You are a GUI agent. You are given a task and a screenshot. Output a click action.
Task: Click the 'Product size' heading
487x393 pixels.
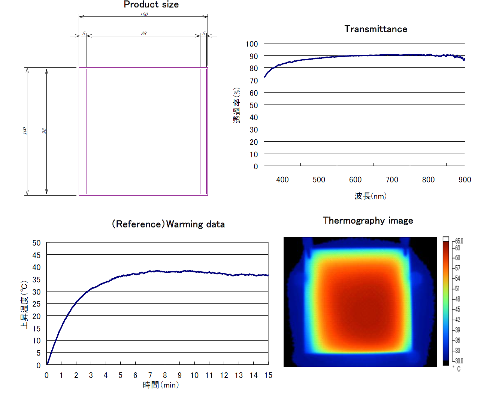(x=151, y=5)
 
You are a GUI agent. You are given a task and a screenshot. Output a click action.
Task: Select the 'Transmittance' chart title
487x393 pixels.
(x=375, y=29)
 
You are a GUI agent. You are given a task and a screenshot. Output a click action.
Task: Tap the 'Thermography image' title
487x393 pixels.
(x=368, y=221)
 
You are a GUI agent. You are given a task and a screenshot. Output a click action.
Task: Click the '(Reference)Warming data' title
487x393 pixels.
(x=168, y=224)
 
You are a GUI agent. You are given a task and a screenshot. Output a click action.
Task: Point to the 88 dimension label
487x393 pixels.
(x=144, y=34)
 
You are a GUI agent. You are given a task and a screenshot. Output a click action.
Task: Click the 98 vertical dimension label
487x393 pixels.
(x=44, y=131)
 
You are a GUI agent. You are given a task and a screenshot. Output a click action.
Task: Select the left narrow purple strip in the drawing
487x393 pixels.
(x=83, y=131)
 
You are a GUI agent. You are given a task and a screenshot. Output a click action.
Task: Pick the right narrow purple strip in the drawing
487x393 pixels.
(x=203, y=131)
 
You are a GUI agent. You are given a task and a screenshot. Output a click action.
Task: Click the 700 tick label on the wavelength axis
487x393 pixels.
(x=392, y=180)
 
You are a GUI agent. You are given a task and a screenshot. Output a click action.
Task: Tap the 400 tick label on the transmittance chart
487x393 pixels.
(x=282, y=180)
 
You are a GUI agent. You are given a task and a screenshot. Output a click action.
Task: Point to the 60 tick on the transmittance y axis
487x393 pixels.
(x=254, y=93)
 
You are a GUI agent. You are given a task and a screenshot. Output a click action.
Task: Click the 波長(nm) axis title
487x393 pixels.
(x=370, y=196)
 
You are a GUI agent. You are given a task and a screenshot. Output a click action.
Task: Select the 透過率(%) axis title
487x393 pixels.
(x=237, y=105)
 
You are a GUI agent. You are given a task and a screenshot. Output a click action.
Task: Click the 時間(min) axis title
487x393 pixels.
(x=161, y=385)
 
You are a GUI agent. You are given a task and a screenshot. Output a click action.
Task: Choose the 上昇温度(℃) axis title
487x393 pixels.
(x=24, y=304)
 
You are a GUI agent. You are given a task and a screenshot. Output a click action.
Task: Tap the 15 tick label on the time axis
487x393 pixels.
(x=268, y=375)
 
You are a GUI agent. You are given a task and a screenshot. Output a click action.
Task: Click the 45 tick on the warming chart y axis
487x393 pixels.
(x=36, y=255)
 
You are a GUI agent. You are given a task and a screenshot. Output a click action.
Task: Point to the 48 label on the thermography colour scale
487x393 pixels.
(x=457, y=299)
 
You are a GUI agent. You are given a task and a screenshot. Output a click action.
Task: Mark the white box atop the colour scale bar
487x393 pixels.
(x=446, y=239)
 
